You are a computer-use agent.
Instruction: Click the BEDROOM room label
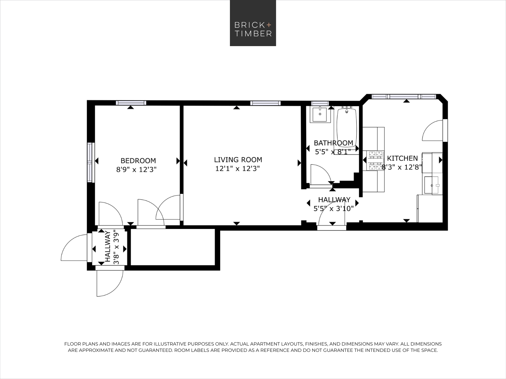[x=138, y=161]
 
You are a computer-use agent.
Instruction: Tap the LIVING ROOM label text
[x=238, y=160]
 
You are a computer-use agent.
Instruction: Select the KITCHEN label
[x=402, y=158]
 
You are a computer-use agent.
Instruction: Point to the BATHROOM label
[x=333, y=143]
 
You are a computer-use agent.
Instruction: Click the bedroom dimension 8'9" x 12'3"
[x=136, y=170]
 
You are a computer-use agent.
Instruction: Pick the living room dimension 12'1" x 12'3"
[x=238, y=169]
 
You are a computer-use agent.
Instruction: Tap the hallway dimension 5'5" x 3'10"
[x=333, y=209]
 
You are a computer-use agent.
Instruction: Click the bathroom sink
[x=320, y=114]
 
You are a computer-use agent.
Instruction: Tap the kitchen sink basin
[x=431, y=185]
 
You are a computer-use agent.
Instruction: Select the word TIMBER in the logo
[x=253, y=34]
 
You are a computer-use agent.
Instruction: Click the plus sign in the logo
[x=269, y=25]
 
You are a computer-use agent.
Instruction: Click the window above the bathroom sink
[x=320, y=103]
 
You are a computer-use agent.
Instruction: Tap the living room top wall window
[x=265, y=103]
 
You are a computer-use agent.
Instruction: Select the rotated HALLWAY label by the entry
[x=108, y=246]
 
